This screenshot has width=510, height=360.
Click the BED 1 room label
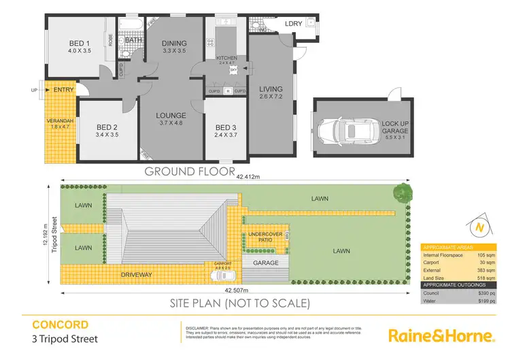[79, 42]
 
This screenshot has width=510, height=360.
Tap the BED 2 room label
[107, 127]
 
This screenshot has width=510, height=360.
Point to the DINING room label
[174, 44]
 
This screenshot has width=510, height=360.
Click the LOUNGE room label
[171, 115]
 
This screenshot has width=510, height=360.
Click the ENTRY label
[63, 89]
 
